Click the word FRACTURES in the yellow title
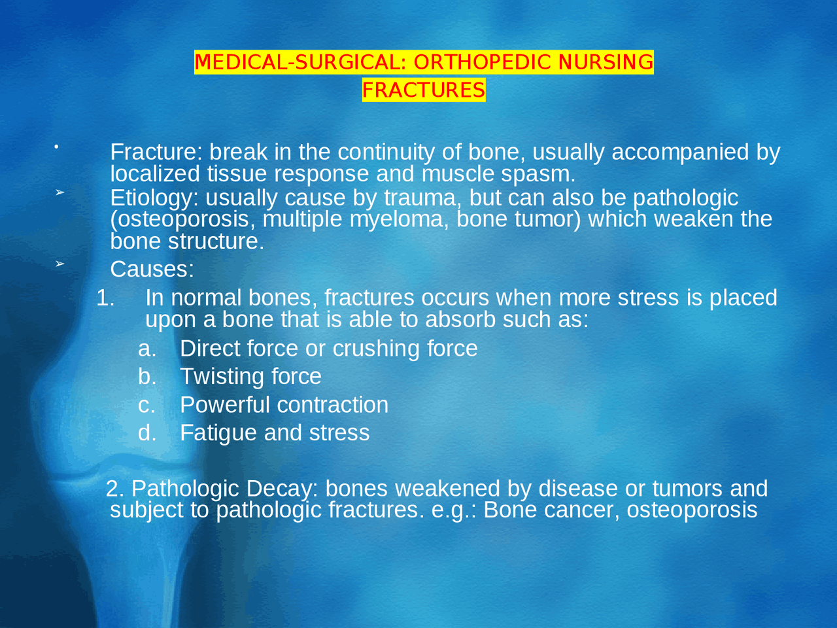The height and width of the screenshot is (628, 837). (x=424, y=90)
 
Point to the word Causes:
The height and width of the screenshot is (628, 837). (x=152, y=269)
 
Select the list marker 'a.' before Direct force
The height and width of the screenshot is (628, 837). (x=147, y=349)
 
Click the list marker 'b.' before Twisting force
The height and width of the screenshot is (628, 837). (x=147, y=377)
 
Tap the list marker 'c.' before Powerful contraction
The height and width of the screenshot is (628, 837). (x=147, y=405)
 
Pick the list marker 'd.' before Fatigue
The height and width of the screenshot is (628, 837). (x=147, y=433)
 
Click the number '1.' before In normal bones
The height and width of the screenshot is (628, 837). (x=105, y=298)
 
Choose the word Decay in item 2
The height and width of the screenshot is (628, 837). (x=282, y=489)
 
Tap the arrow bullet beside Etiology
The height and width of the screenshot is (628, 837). (x=60, y=192)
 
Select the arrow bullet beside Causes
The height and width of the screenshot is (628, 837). (x=60, y=264)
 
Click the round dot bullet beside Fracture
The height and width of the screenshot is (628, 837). (x=57, y=147)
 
